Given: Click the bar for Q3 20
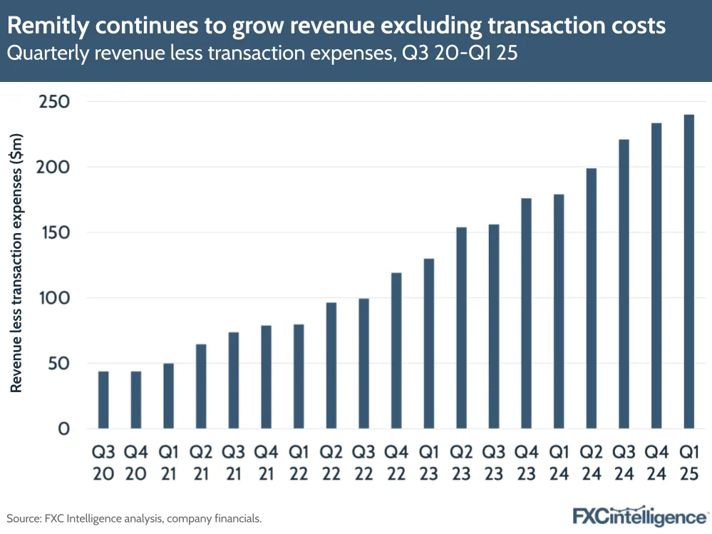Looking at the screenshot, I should [x=103, y=400].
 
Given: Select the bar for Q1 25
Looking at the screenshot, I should [x=688, y=272].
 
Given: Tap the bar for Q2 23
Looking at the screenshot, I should [x=461, y=328].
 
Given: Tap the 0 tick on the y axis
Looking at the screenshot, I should [x=64, y=429].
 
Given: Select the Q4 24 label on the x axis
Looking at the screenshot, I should [x=656, y=463].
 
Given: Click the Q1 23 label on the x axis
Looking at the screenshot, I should [x=428, y=463].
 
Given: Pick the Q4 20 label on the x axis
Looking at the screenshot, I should [x=135, y=463].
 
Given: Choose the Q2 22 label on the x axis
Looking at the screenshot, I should [x=331, y=463].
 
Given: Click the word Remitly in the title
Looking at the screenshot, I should [x=48, y=26].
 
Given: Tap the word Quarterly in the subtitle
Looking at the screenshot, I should [x=47, y=54].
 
